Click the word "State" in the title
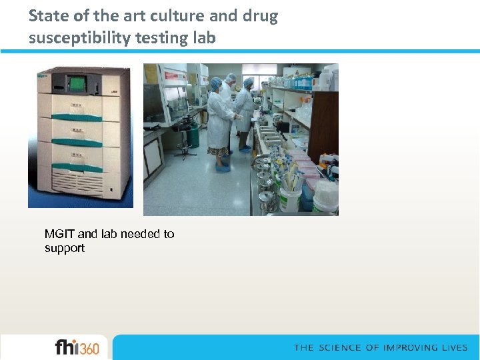(x=47, y=16)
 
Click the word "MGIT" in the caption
(x=60, y=234)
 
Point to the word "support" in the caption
(x=65, y=248)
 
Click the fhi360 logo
(x=77, y=348)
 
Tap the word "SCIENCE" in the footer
(x=341, y=348)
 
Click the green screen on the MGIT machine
(x=78, y=84)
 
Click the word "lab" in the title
(x=205, y=38)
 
